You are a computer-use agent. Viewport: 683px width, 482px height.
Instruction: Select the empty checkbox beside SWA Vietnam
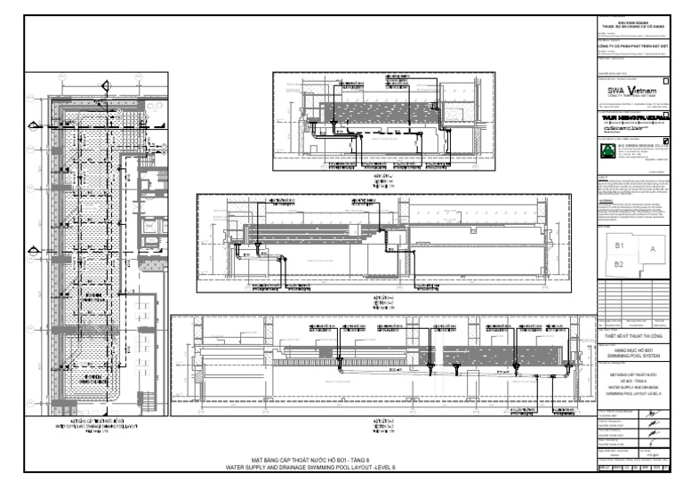pyautogui.click(x=666, y=82)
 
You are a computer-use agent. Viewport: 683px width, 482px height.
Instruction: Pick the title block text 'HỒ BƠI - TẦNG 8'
pyautogui.click(x=637, y=382)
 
